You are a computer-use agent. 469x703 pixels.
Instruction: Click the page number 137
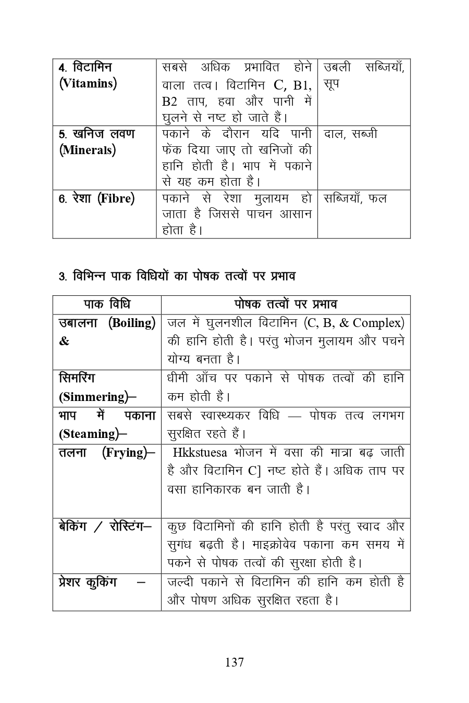(234, 662)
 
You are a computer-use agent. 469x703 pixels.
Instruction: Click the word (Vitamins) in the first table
(88, 83)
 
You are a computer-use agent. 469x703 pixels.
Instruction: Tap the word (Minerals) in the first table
(87, 150)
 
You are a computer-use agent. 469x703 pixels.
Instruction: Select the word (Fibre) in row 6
(116, 198)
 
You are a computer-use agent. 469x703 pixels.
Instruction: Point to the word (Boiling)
(131, 323)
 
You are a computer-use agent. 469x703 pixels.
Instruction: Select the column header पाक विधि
(107, 304)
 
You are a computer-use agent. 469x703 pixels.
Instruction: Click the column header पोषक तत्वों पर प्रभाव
(286, 304)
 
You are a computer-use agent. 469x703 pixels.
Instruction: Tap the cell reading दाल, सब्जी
(350, 134)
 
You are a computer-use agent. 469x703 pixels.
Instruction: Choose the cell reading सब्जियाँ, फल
(355, 198)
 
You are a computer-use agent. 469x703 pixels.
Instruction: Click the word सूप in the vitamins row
(331, 83)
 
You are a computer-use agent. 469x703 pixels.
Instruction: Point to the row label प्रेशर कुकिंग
(88, 582)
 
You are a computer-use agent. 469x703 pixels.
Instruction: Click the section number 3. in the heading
(62, 277)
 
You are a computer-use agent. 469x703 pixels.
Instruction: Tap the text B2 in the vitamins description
(169, 101)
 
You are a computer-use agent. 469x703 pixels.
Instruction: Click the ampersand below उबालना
(64, 342)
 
